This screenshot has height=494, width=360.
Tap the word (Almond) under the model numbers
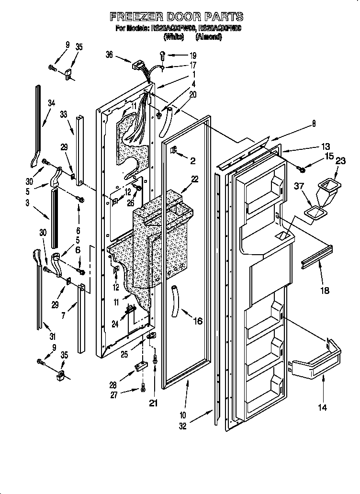[209, 36]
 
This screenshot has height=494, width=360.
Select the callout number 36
[110, 56]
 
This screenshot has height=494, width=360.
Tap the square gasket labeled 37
[314, 211]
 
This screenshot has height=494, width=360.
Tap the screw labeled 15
[302, 168]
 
